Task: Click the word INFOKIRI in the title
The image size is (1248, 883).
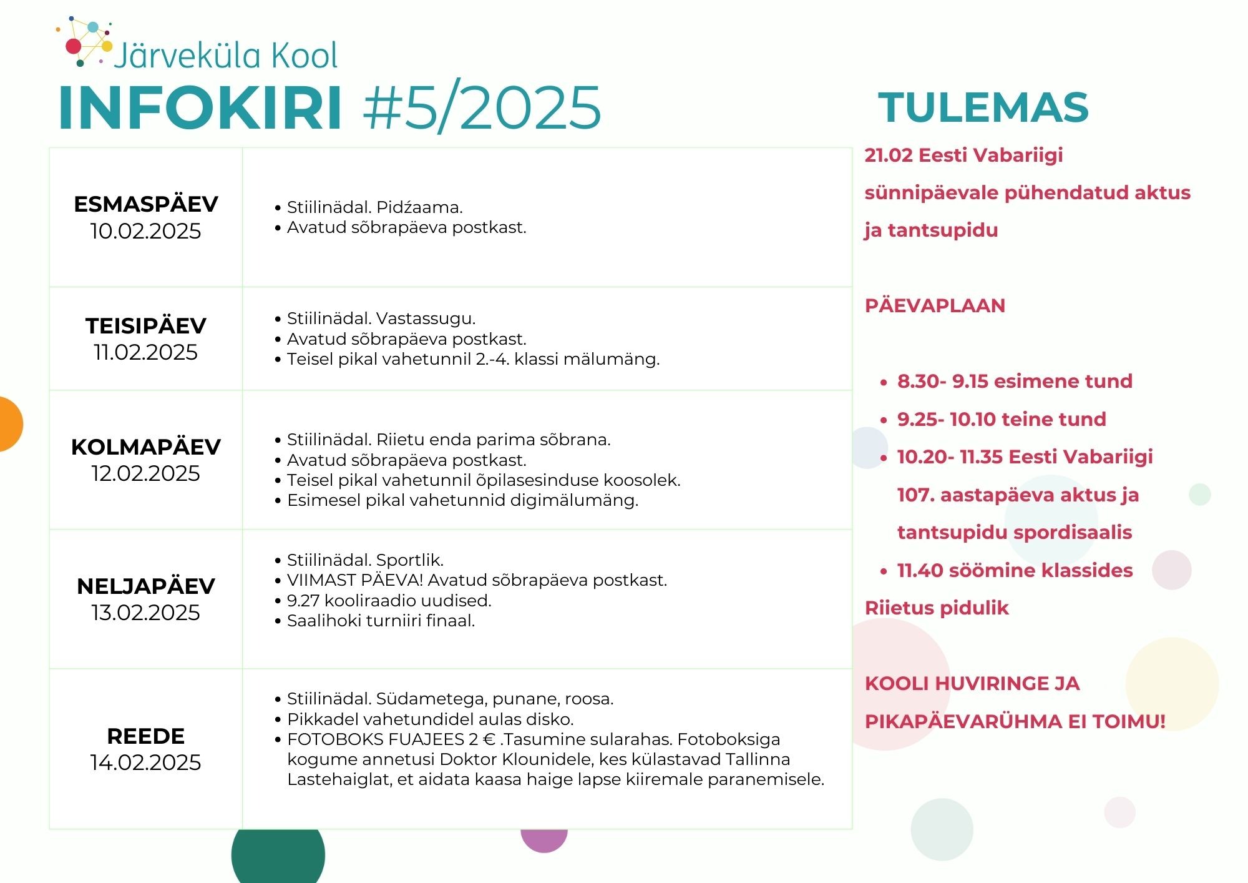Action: tap(200, 107)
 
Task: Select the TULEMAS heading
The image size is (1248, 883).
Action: tap(983, 107)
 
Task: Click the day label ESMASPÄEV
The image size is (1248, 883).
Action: tap(146, 204)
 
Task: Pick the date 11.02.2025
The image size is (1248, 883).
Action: tap(146, 352)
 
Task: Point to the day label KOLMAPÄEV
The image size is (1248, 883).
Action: tap(146, 446)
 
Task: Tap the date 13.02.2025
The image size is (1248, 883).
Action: tap(146, 613)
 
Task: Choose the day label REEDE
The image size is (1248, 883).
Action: tap(146, 736)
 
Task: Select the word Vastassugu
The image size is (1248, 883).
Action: tap(426, 319)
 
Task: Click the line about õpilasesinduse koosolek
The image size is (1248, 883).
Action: tap(484, 480)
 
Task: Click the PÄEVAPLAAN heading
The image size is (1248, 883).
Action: tap(935, 306)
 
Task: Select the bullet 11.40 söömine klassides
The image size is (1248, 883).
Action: tap(1015, 570)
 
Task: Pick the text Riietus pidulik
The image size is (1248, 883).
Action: tap(937, 608)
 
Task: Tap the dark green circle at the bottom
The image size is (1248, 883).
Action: tap(278, 856)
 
